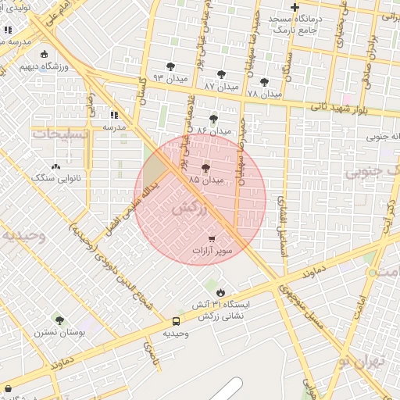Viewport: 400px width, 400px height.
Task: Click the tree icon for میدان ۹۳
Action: [x=170, y=67]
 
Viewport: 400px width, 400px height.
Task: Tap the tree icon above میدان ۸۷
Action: [x=221, y=73]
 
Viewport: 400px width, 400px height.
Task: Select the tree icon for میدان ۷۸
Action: [x=264, y=82]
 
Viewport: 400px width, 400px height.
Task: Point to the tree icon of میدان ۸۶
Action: [x=213, y=119]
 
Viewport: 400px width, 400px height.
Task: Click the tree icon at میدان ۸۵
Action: [x=206, y=168]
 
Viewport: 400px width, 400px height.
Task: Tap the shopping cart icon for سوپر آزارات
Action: [x=212, y=239]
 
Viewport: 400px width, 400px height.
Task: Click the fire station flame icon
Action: [x=220, y=292]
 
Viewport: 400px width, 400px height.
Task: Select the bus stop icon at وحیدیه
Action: [x=176, y=321]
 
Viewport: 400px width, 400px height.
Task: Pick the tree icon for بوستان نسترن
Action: [x=59, y=320]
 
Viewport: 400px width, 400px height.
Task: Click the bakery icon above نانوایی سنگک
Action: [x=55, y=166]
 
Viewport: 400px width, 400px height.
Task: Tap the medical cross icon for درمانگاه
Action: [x=294, y=8]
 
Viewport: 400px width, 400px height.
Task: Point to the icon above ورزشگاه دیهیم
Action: [x=43, y=54]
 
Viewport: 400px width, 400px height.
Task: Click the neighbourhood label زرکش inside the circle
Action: [x=190, y=209]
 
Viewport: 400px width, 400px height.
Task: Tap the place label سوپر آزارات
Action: [x=212, y=252]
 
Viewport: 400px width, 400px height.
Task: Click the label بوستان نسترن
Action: [x=53, y=332]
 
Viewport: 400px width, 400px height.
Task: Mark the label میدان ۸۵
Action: [x=206, y=180]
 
